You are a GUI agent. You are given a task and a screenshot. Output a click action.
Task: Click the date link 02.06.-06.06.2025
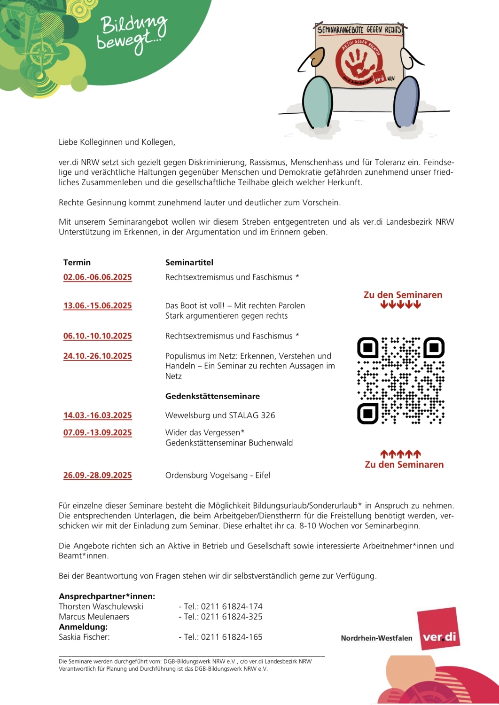tap(98, 277)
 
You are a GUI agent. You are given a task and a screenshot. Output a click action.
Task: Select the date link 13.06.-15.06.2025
tap(98, 305)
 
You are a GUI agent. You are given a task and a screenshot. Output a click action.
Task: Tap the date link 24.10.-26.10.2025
tap(98, 356)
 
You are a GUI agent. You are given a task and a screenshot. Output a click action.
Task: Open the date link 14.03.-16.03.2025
tap(98, 415)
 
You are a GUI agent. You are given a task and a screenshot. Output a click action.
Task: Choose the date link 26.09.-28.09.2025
tap(98, 475)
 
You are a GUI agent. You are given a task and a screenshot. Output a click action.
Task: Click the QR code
tap(401, 380)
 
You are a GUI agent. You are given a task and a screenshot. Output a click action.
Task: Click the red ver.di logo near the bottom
tap(439, 628)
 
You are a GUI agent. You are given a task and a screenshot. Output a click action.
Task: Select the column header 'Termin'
tap(77, 262)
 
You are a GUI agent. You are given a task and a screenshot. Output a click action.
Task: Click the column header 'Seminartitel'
tap(189, 262)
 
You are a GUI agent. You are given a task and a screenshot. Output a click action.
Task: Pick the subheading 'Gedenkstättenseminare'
tap(212, 396)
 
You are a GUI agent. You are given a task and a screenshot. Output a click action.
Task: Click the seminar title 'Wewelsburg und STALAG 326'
tap(220, 415)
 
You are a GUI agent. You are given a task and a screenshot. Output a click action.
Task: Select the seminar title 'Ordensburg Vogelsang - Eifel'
tap(218, 475)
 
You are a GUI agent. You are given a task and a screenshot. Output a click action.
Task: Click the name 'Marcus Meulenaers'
tap(94, 617)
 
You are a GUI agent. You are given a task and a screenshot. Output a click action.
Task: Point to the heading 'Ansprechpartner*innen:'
tap(107, 596)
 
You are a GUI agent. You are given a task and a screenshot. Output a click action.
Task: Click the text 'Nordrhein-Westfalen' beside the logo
tap(376, 638)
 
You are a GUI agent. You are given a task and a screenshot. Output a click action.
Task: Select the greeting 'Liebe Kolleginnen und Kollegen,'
tap(117, 142)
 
